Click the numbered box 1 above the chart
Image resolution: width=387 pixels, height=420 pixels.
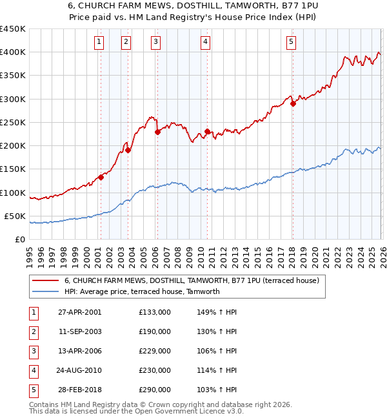99,42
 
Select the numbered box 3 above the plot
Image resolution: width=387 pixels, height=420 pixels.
156,42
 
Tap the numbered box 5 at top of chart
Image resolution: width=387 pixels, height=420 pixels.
291,42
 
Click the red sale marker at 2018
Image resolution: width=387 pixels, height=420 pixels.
293,103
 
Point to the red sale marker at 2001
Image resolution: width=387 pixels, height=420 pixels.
101,177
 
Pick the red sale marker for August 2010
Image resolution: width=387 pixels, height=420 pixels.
207,132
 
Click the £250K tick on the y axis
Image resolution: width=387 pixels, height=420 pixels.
13,122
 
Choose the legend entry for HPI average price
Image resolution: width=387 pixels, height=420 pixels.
142,291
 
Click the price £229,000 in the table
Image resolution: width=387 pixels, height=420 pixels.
155,351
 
